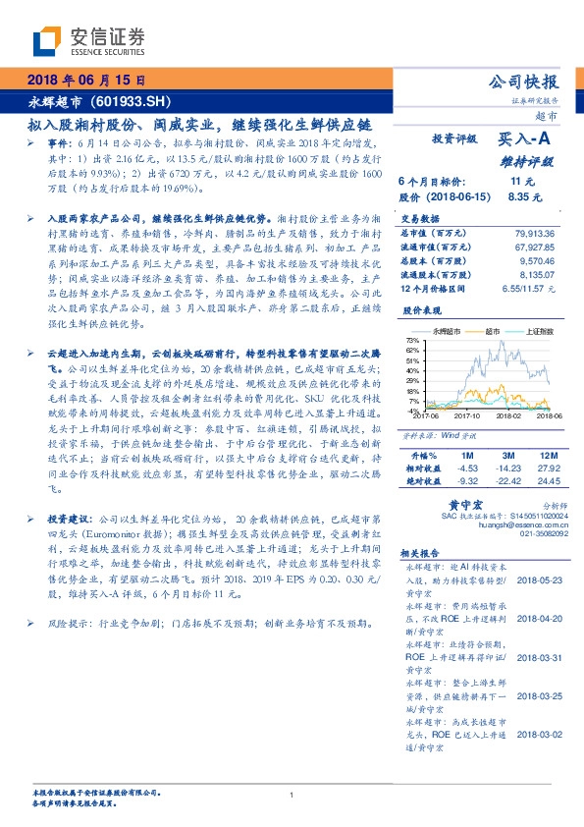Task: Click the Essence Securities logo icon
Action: click(47, 40)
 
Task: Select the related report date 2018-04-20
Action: click(537, 620)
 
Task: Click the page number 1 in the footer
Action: click(292, 795)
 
